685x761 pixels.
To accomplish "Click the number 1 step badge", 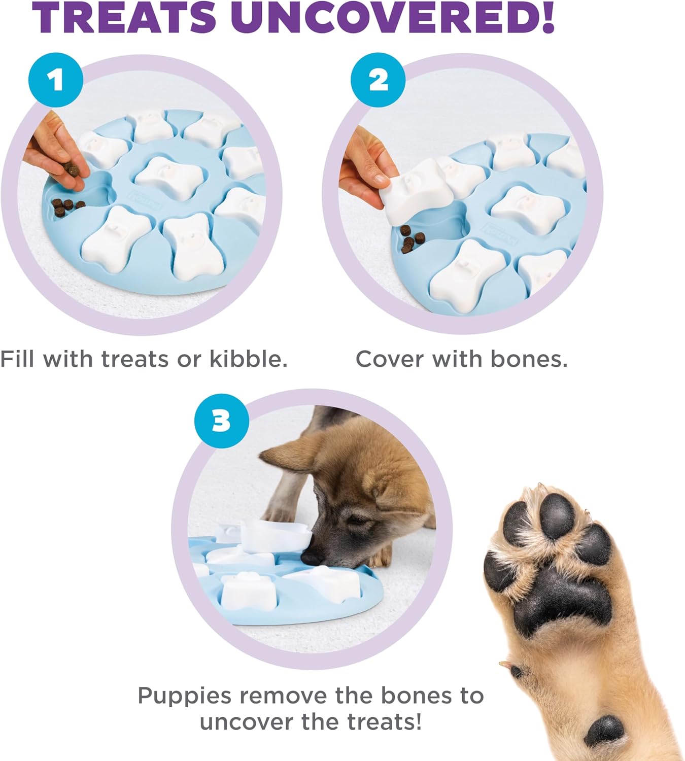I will (55, 80).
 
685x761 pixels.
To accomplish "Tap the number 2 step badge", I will (378, 80).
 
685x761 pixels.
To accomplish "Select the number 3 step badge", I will (221, 421).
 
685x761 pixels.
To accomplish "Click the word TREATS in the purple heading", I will (125, 18).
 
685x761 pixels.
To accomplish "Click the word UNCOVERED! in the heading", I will (395, 18).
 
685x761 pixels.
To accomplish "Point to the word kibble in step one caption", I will (249, 359).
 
